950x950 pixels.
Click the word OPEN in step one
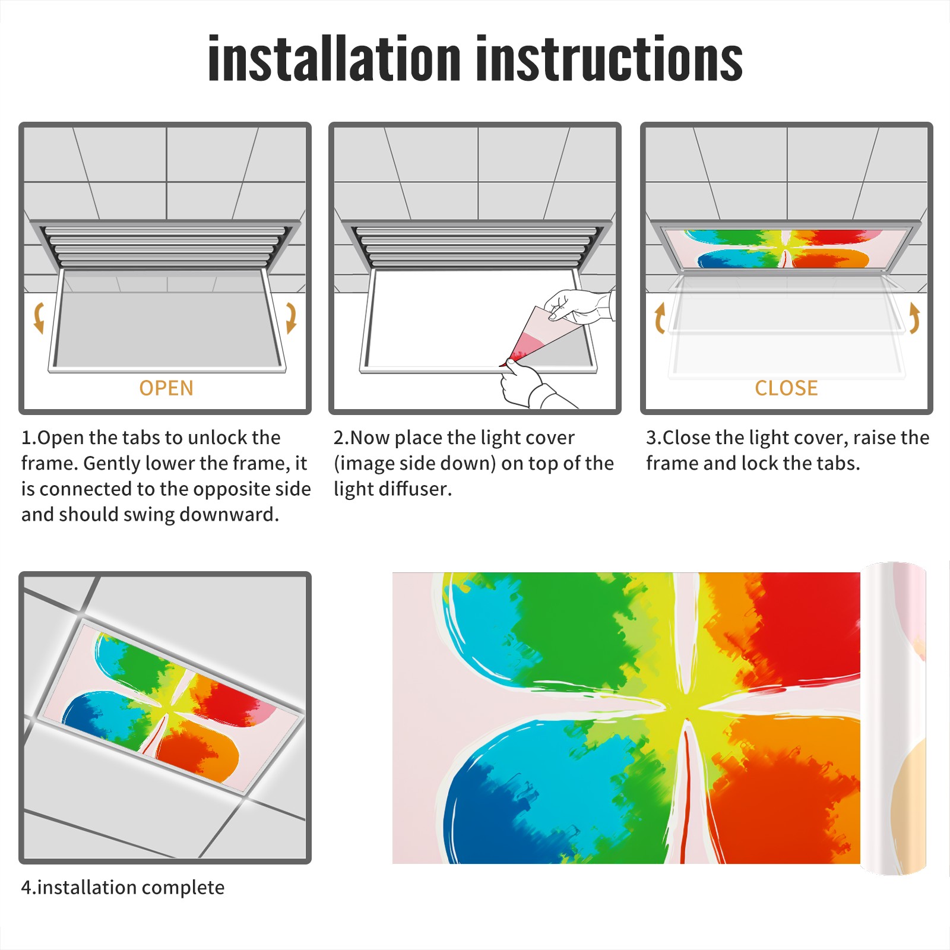166,388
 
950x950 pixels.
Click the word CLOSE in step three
786,388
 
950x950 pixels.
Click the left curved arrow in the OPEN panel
39,318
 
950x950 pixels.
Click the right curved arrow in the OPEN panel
291,318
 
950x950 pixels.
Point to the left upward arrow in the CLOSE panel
659,318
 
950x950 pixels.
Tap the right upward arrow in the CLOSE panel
914,318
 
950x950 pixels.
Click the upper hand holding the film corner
579,306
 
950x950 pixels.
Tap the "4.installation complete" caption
123,888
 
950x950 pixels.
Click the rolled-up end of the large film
893,718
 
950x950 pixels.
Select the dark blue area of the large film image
481,813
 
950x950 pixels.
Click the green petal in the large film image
570,629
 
